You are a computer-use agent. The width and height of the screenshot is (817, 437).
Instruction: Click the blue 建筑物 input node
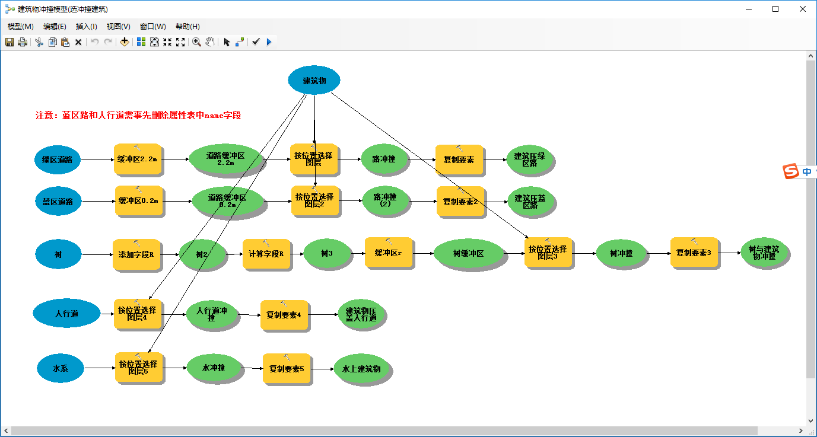(314, 81)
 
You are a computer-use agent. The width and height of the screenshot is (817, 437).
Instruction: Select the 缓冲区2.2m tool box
(138, 159)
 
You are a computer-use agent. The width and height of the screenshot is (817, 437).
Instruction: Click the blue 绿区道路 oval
(57, 160)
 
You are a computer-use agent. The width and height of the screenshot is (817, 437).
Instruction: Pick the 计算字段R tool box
(266, 254)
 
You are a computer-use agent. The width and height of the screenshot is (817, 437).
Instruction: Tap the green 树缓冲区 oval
(469, 254)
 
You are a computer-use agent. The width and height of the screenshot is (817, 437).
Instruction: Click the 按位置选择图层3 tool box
(548, 253)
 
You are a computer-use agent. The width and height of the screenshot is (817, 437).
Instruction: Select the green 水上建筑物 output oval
(361, 369)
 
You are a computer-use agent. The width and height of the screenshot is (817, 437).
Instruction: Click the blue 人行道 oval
(66, 314)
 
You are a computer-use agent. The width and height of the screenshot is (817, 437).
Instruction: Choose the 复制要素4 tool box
(284, 315)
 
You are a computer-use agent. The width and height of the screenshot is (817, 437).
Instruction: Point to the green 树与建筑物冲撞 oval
(764, 253)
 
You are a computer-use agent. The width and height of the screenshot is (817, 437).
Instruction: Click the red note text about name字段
(138, 116)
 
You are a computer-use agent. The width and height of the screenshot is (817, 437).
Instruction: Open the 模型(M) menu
(20, 27)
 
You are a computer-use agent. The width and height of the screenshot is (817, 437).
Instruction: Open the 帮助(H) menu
(187, 27)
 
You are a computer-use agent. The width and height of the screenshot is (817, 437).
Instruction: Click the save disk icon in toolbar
(9, 42)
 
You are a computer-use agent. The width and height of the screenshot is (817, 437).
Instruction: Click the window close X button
(802, 9)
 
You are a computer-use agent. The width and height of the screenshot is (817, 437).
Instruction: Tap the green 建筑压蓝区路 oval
(530, 202)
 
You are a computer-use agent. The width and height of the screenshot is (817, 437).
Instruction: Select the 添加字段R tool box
(136, 254)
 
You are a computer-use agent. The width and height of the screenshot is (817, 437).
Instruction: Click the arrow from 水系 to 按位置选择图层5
(100, 368)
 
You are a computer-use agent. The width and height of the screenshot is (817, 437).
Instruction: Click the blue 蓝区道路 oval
(58, 202)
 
